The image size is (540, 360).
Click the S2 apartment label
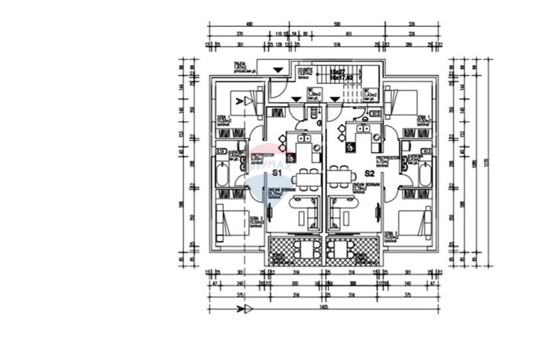coord(370,174)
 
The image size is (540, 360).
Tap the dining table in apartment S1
coord(308,179)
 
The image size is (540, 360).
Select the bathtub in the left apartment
coord(222,174)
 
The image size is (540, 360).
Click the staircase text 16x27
coord(339,71)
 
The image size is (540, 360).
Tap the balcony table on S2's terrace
coord(340,249)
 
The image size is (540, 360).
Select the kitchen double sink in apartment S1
coord(303,138)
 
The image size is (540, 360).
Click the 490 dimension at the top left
coord(249,25)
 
